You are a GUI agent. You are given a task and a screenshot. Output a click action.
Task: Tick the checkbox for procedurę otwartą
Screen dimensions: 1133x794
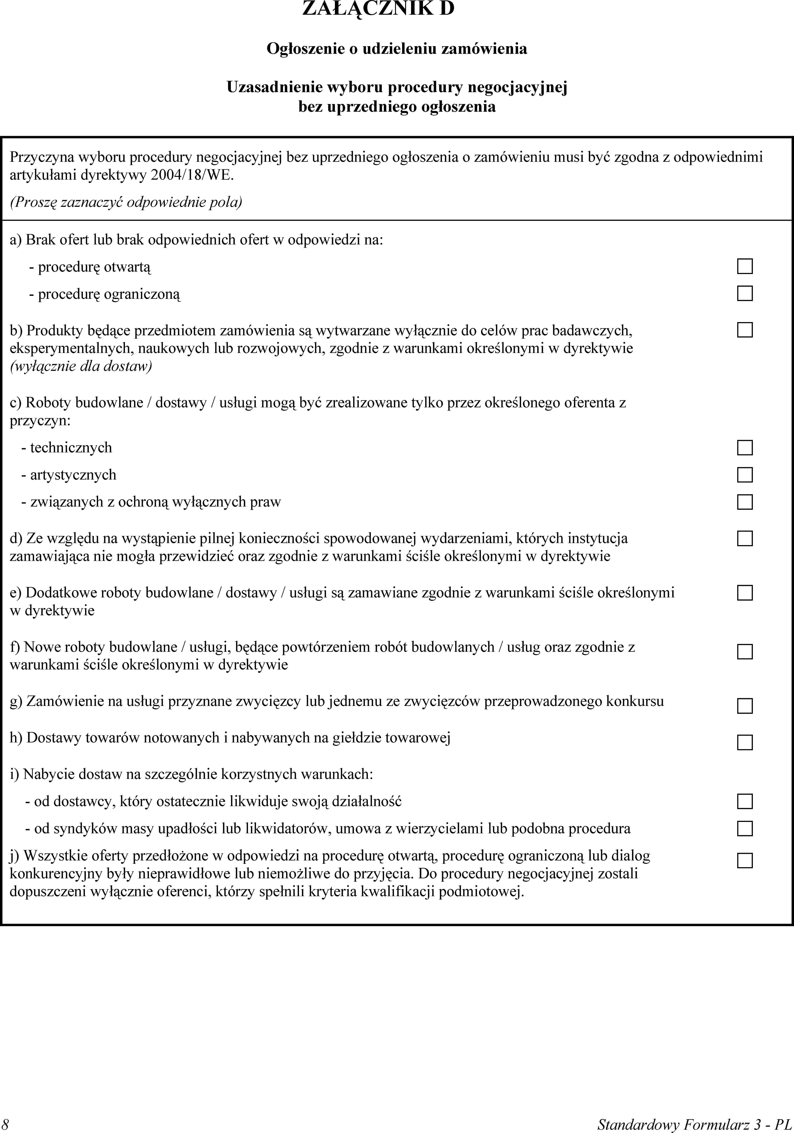click(745, 266)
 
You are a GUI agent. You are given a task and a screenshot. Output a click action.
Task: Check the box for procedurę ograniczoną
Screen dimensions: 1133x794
click(745, 294)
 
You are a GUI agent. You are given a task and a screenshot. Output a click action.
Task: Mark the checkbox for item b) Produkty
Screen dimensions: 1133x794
click(745, 330)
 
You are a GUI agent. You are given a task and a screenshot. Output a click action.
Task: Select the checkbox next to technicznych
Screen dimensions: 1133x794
click(745, 448)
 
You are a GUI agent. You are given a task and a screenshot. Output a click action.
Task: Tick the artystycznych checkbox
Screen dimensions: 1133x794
click(745, 475)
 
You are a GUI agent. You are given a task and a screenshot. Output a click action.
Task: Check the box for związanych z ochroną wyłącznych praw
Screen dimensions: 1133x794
click(745, 502)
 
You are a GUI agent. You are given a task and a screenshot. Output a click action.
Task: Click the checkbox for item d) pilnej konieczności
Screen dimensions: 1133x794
click(745, 538)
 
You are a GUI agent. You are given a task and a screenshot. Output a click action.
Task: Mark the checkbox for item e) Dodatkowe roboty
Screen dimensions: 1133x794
click(745, 593)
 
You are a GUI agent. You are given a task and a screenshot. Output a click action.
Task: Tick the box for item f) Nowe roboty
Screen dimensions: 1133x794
click(745, 652)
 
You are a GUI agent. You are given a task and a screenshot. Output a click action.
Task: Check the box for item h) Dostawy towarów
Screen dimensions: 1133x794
click(745, 742)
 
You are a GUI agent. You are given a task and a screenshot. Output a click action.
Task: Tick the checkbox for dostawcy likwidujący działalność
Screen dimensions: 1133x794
click(745, 801)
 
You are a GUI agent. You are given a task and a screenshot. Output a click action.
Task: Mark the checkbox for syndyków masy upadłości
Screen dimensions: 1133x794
click(745, 829)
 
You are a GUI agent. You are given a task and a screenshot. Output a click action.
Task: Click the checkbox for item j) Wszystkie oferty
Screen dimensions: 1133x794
click(745, 861)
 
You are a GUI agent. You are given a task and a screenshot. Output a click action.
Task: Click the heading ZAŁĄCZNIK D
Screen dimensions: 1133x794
click(378, 9)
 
